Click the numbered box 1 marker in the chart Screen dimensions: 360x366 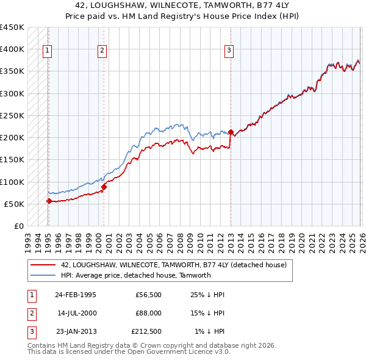tap(48, 51)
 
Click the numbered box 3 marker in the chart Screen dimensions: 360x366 tap(229, 51)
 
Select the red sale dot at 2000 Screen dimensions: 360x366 tap(104, 187)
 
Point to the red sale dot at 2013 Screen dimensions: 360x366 tap(231, 132)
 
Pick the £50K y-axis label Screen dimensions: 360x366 tap(14, 204)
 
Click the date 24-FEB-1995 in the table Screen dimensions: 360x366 tap(75, 294)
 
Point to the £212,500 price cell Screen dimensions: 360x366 tap(146, 332)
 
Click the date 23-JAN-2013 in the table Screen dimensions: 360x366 tap(75, 332)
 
